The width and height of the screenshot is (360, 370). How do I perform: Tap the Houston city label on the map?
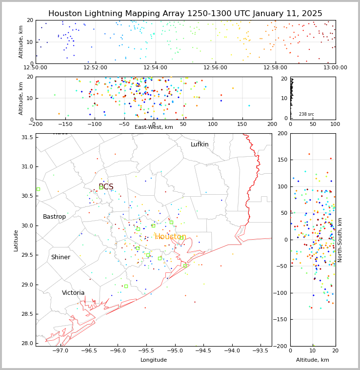point(170,237)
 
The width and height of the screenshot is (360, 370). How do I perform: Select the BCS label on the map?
point(106,187)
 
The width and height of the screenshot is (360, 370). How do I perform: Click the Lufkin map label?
point(200,144)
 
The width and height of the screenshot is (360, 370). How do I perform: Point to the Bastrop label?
point(54,217)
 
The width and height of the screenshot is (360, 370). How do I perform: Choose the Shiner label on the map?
point(60,257)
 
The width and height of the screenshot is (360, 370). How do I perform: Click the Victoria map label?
point(73,293)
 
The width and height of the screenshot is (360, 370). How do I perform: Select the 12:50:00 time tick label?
point(36,68)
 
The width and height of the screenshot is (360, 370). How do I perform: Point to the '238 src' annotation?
point(306,114)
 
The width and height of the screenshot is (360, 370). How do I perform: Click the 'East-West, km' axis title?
point(154,127)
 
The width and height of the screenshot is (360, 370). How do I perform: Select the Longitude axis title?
point(154,360)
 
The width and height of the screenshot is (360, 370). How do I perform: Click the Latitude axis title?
point(16,240)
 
